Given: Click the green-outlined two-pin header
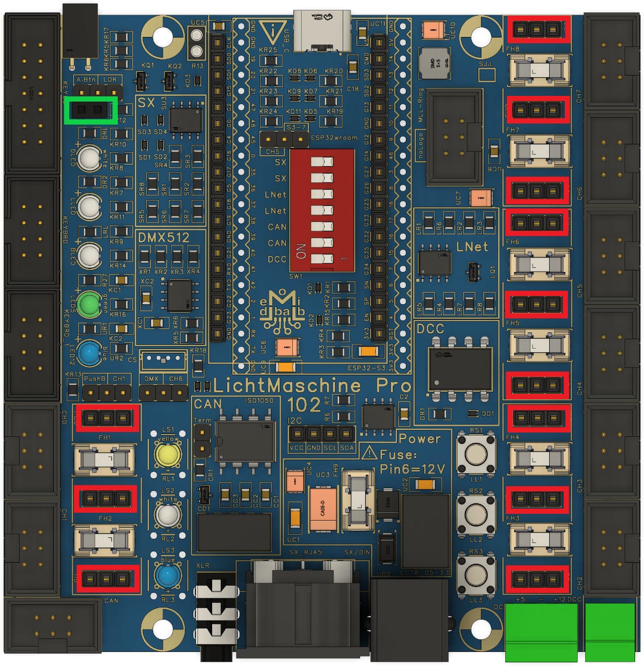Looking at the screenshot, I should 90,110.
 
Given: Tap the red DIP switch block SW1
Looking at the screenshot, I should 321,210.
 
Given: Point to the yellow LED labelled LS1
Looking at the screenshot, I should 167,455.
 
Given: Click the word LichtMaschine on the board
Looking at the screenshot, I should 287,386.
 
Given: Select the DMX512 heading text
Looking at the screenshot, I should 164,238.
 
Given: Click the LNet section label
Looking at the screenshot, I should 472,246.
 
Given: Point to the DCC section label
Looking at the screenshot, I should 430,329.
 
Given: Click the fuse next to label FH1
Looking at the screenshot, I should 105,459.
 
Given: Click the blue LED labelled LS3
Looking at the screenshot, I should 167,577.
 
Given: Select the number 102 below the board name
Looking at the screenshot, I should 304,405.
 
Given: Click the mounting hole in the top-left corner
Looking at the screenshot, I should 162,36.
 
